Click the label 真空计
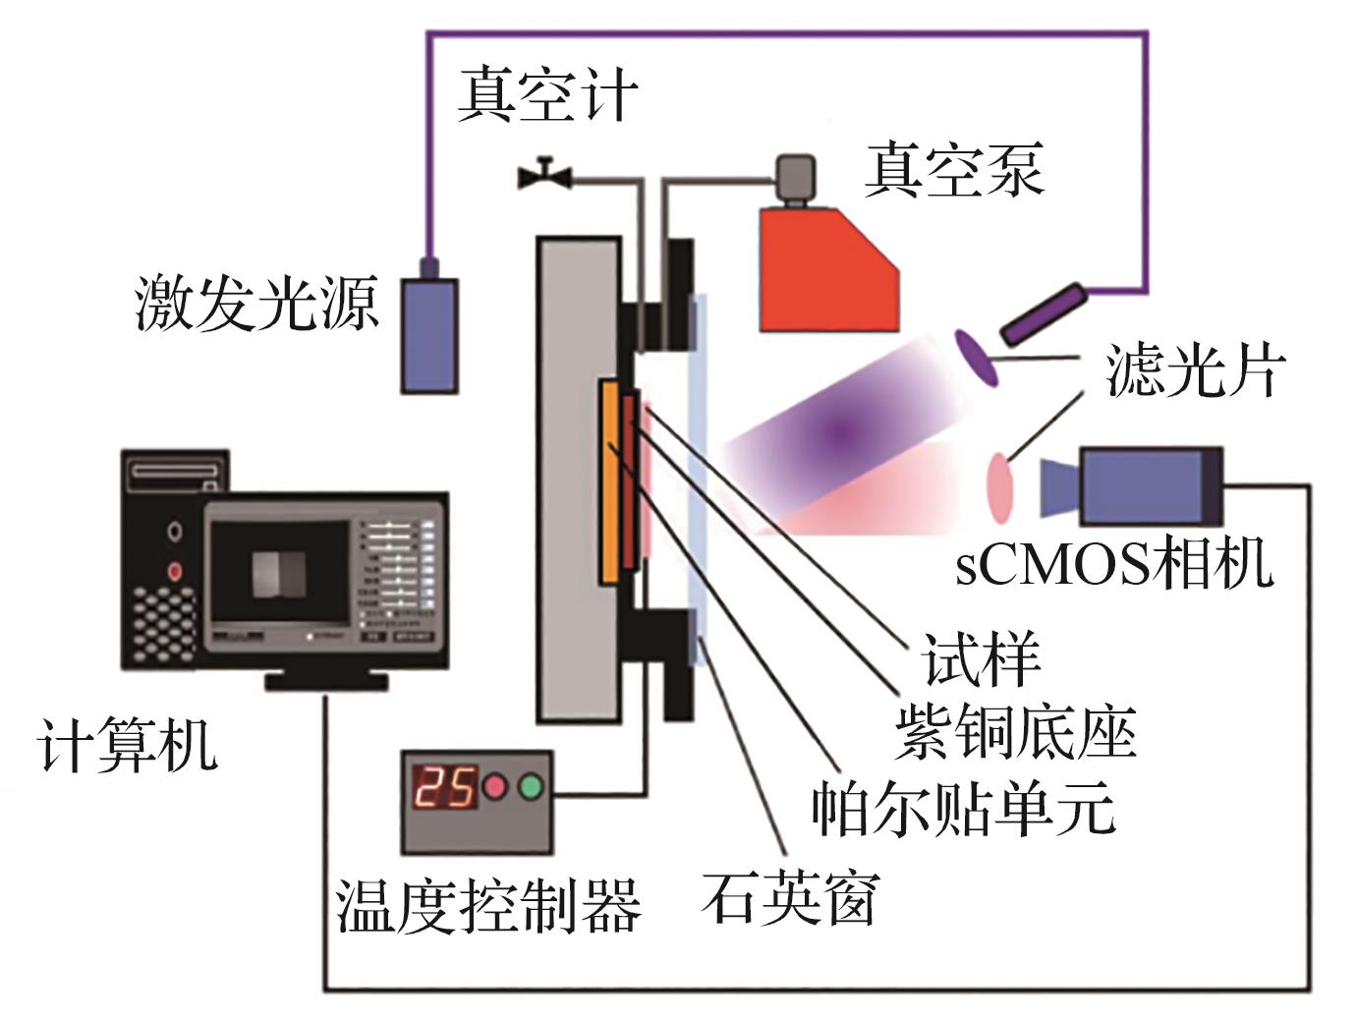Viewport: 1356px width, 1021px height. pyautogui.click(x=547, y=94)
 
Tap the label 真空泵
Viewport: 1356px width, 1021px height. pyautogui.click(x=952, y=169)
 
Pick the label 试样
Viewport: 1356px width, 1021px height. pyautogui.click(x=982, y=657)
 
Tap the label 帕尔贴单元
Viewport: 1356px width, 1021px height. pyautogui.click(x=964, y=808)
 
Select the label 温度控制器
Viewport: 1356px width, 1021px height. pyautogui.click(x=488, y=905)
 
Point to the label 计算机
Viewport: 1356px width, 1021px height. pyautogui.click(x=128, y=744)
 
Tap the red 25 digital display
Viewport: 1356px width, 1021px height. pyautogui.click(x=444, y=787)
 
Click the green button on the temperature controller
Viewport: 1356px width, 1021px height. pyautogui.click(x=531, y=787)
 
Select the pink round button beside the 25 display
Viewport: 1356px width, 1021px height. pyautogui.click(x=493, y=787)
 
